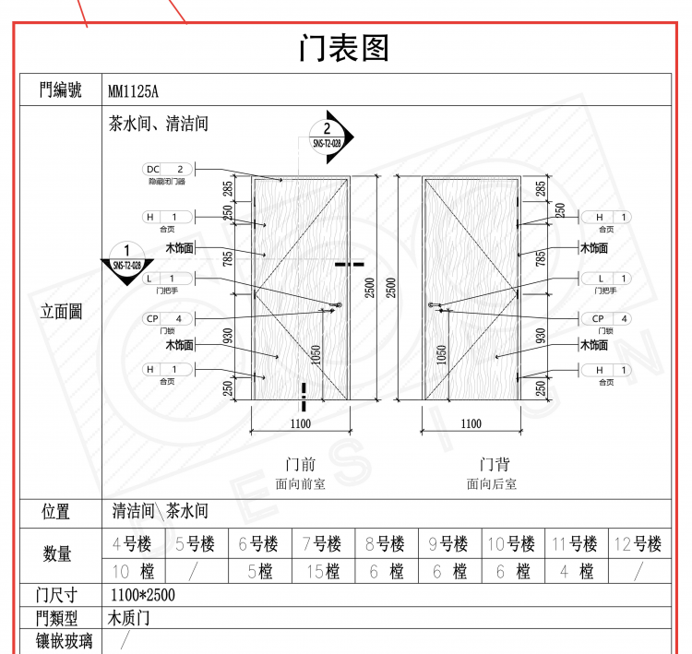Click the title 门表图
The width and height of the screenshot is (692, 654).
coord(345,48)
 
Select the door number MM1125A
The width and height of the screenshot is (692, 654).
coord(134,90)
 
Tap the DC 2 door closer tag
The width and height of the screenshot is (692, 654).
coord(167,169)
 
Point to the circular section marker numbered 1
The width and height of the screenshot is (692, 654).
coord(126,256)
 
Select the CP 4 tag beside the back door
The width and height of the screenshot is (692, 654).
coord(606,318)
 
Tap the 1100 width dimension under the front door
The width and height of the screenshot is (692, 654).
coord(300,424)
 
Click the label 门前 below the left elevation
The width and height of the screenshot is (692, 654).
coord(301,464)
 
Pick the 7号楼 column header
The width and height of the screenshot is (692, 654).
coord(322,544)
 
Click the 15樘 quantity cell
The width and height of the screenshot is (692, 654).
coord(322,572)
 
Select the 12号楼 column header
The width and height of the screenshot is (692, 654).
coord(638,544)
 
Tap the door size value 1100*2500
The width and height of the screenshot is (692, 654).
coord(142,595)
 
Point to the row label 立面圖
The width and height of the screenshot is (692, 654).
coord(61,312)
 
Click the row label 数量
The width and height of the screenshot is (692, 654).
coord(57,554)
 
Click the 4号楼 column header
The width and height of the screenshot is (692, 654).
coord(131,544)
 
